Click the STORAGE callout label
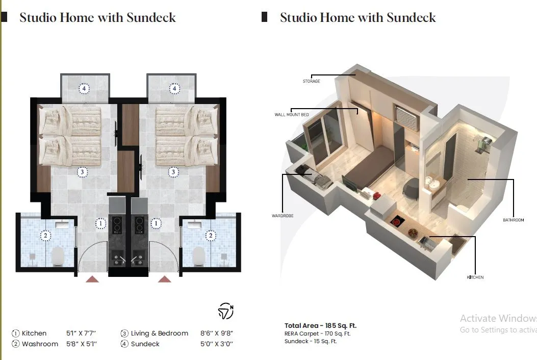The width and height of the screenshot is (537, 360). coord(311,81)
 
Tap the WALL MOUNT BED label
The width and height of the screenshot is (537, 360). coord(291,115)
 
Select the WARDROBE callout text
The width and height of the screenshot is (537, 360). coord(283,216)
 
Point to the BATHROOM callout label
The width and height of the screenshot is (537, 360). coord(514,220)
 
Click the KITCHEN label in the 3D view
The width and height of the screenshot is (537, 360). coord(475,277)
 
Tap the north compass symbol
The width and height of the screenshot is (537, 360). coord(226,311)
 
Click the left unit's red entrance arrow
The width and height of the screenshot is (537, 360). coord(92,279)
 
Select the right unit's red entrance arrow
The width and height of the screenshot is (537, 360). coord(164,279)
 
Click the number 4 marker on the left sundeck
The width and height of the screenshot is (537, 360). coord(84,89)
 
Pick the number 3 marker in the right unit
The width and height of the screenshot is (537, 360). coord(173,172)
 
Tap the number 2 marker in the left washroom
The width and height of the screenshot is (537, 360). coord(45,236)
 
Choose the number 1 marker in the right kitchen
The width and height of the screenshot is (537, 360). coord(156,224)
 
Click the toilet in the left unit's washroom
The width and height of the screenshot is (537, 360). coord(58,256)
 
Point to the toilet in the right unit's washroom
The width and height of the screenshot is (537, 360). coord(199,256)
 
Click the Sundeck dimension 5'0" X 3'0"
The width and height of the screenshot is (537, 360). coord(216,344)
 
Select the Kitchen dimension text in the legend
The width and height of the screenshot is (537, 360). coord(81,333)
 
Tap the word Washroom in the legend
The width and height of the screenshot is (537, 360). coord(40,344)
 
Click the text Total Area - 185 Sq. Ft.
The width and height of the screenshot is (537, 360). coord(320,325)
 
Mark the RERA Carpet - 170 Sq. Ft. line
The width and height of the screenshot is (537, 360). coord(317,333)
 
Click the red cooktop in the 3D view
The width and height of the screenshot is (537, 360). coord(397,222)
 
